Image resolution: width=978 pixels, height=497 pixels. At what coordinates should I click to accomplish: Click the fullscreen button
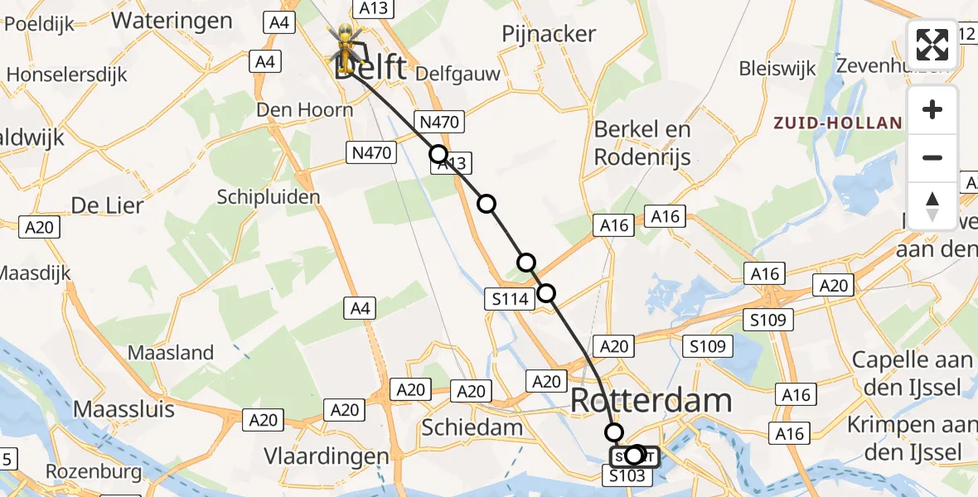932,45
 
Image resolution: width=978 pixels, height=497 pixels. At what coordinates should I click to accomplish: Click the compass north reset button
932,206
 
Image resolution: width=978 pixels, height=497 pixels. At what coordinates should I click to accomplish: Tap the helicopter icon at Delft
342,45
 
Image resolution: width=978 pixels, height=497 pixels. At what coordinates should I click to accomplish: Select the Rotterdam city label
651,401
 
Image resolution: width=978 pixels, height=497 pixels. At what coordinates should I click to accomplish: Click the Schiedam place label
472,427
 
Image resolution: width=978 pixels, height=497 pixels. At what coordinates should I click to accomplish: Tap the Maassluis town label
124,408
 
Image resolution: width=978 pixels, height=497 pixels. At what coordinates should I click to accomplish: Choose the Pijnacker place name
549,34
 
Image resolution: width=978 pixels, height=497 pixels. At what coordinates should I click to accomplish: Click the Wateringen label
172,21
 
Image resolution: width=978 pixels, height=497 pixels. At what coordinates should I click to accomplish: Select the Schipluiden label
268,197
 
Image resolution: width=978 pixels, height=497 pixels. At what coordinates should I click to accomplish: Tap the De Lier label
108,205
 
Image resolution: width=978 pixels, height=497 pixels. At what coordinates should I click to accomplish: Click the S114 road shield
510,299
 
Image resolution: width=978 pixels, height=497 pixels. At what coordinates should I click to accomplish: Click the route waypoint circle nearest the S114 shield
546,292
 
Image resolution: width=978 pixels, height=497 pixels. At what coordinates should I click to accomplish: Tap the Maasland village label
171,353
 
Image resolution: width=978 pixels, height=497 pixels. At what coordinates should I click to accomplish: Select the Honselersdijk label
67,75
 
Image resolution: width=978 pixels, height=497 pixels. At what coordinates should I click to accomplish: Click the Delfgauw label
458,74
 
